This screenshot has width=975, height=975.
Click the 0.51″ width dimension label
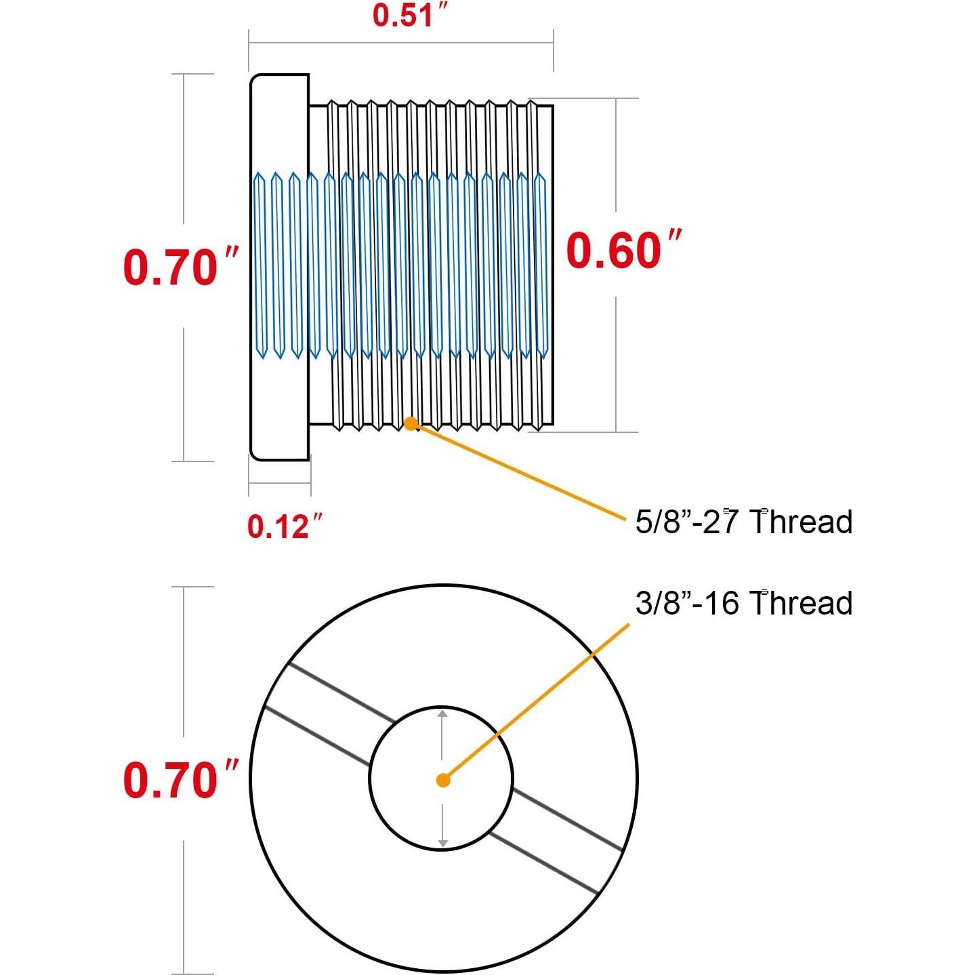tap(411, 15)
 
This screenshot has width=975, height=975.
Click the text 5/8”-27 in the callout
tap(686, 522)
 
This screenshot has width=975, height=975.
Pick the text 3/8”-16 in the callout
tap(686, 603)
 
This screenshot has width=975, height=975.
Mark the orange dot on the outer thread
tap(411, 423)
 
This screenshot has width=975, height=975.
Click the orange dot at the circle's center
tap(443, 781)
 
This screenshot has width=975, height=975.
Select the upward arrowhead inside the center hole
tap(442, 714)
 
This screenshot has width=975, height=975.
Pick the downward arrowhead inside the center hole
tap(442, 843)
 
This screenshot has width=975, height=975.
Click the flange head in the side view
tap(279, 268)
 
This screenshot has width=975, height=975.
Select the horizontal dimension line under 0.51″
tap(401, 43)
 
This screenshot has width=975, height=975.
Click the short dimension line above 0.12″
tap(279, 482)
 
